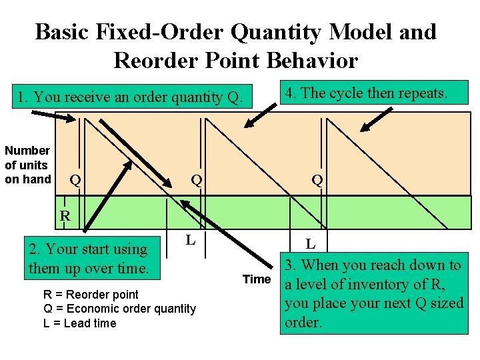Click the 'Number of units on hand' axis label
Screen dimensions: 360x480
point(27,165)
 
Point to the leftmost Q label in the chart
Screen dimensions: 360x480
point(76,180)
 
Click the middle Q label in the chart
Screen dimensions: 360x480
point(197,180)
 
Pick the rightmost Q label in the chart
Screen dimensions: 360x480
point(317,180)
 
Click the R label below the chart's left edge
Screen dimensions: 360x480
point(65,215)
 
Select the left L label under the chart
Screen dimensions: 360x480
point(190,239)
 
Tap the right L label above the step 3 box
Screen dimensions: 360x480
point(311,245)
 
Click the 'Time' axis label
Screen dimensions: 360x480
point(257,279)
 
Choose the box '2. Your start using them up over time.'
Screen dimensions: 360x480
point(88,259)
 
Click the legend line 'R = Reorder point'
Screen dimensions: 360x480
point(91,294)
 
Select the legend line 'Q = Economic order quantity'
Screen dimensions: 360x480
point(119,309)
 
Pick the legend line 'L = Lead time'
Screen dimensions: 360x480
point(79,323)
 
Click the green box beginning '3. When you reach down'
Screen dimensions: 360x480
point(373,293)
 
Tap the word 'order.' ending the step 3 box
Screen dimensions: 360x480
point(303,322)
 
